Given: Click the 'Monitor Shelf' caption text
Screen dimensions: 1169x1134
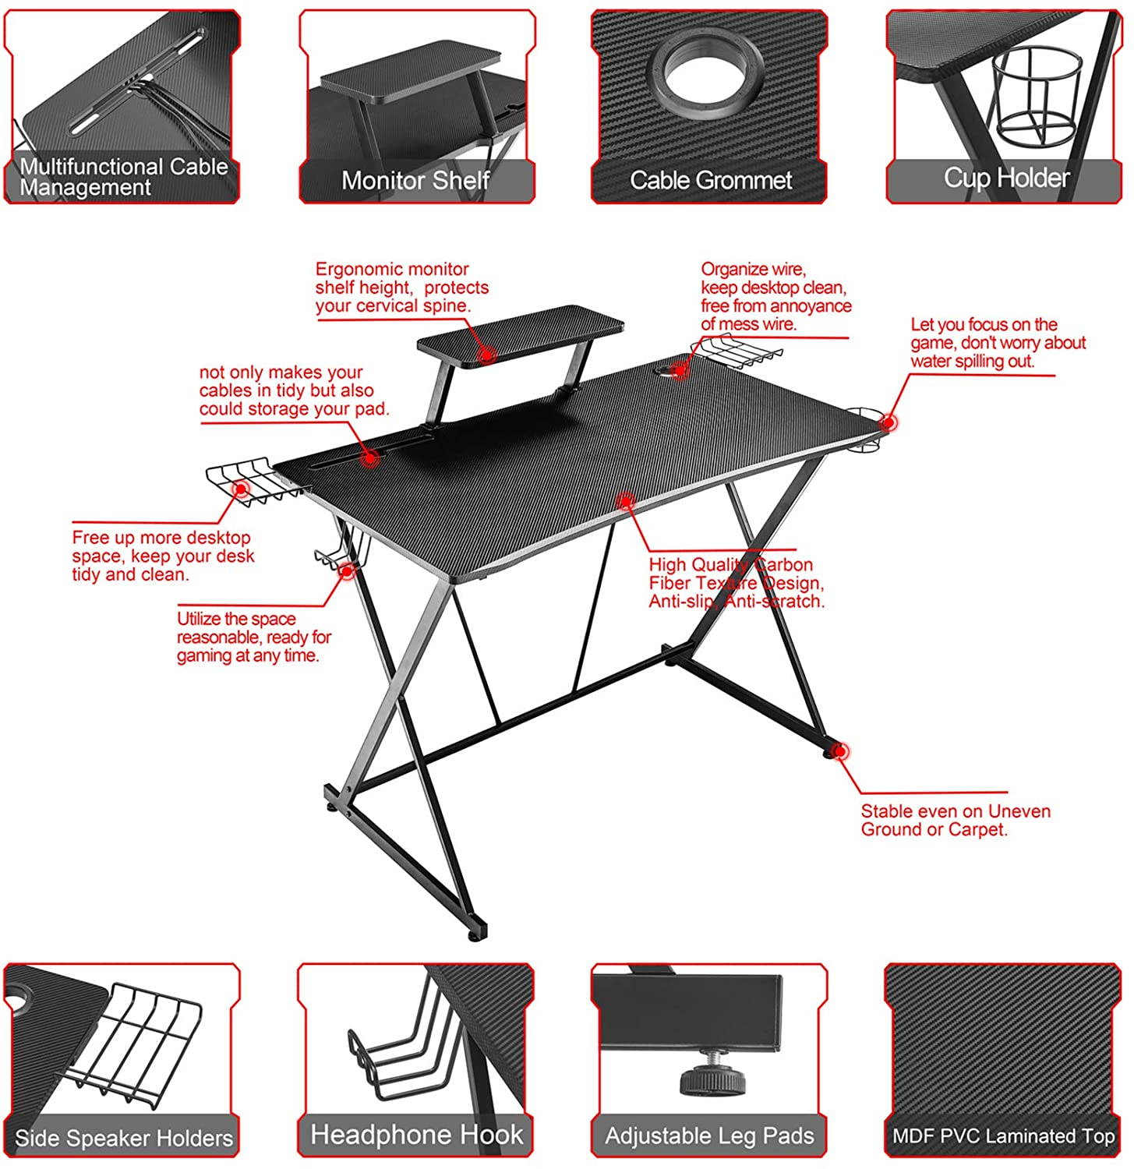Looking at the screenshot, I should (415, 181).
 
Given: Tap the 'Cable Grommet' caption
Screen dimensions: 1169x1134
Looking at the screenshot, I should (710, 181).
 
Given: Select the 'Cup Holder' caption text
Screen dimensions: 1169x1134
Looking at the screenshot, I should (1006, 178).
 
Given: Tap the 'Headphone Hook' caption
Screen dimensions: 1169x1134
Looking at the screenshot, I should (416, 1135).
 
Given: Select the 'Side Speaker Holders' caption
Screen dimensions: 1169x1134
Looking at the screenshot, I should (123, 1139).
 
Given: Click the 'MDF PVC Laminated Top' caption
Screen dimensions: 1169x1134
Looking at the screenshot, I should (1004, 1136).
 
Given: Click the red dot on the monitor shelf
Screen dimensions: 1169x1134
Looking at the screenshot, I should (487, 355).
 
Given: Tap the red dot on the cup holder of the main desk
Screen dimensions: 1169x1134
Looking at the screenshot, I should (888, 422).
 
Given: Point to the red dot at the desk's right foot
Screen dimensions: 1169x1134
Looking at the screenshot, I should (839, 751).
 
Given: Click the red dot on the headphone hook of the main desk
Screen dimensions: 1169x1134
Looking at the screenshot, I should (347, 570).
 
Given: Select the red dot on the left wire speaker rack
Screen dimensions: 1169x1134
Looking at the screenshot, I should (241, 489).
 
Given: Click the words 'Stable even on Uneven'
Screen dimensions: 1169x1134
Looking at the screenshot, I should (956, 811).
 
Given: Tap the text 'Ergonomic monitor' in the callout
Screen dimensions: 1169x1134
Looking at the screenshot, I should (391, 270).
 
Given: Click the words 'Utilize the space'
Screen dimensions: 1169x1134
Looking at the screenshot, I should (236, 619).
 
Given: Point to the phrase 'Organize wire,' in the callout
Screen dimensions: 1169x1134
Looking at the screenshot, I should (753, 270).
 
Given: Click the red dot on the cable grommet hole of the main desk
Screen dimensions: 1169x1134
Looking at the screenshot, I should (680, 370).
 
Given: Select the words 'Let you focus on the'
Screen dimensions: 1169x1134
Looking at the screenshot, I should (984, 325).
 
